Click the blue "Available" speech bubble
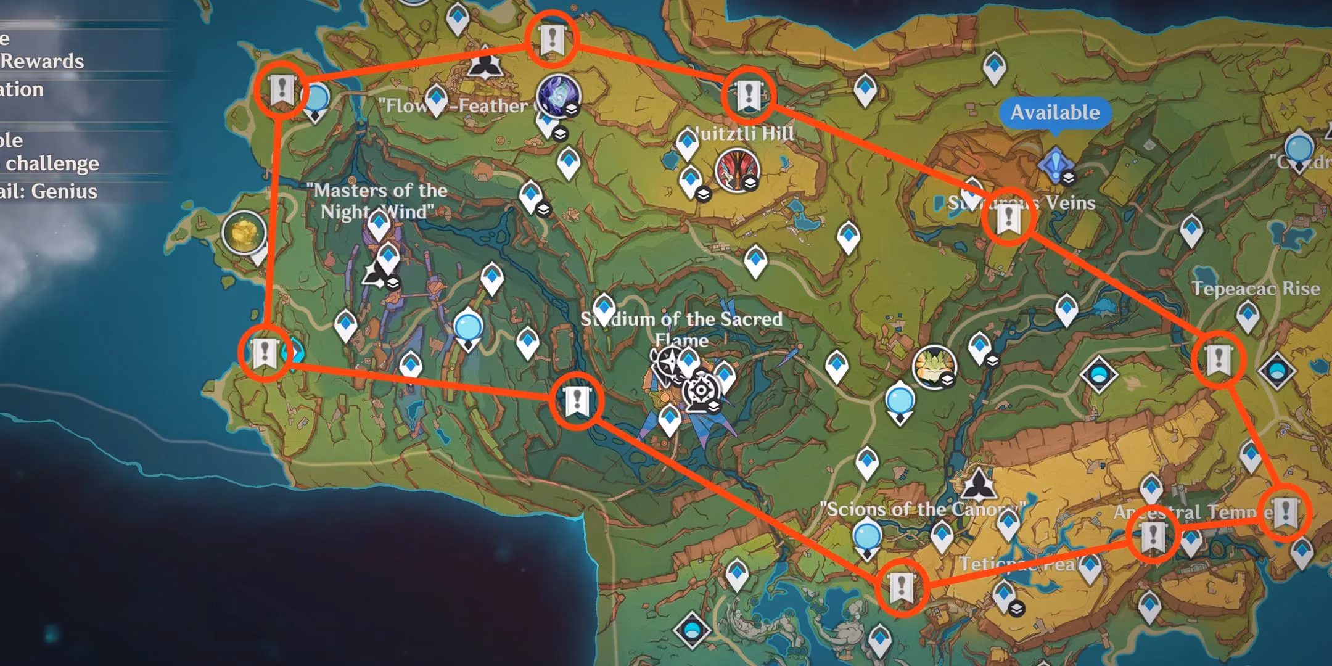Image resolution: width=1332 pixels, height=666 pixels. coord(1055,112)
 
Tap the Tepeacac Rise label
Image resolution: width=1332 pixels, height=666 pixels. coord(1256,288)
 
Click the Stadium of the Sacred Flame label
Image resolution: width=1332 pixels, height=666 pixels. coord(681,329)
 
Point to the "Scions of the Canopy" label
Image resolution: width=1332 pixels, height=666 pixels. coord(922,509)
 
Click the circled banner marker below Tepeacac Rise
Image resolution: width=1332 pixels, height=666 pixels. coord(1218,360)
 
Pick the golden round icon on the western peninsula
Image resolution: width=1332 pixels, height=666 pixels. coord(244,232)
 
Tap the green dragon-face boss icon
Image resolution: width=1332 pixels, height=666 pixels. coord(934,366)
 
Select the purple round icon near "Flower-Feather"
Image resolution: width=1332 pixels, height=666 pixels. coord(558,96)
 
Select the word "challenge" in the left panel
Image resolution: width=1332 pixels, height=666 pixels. coord(52,163)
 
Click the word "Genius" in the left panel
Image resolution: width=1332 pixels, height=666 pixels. coord(65,191)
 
